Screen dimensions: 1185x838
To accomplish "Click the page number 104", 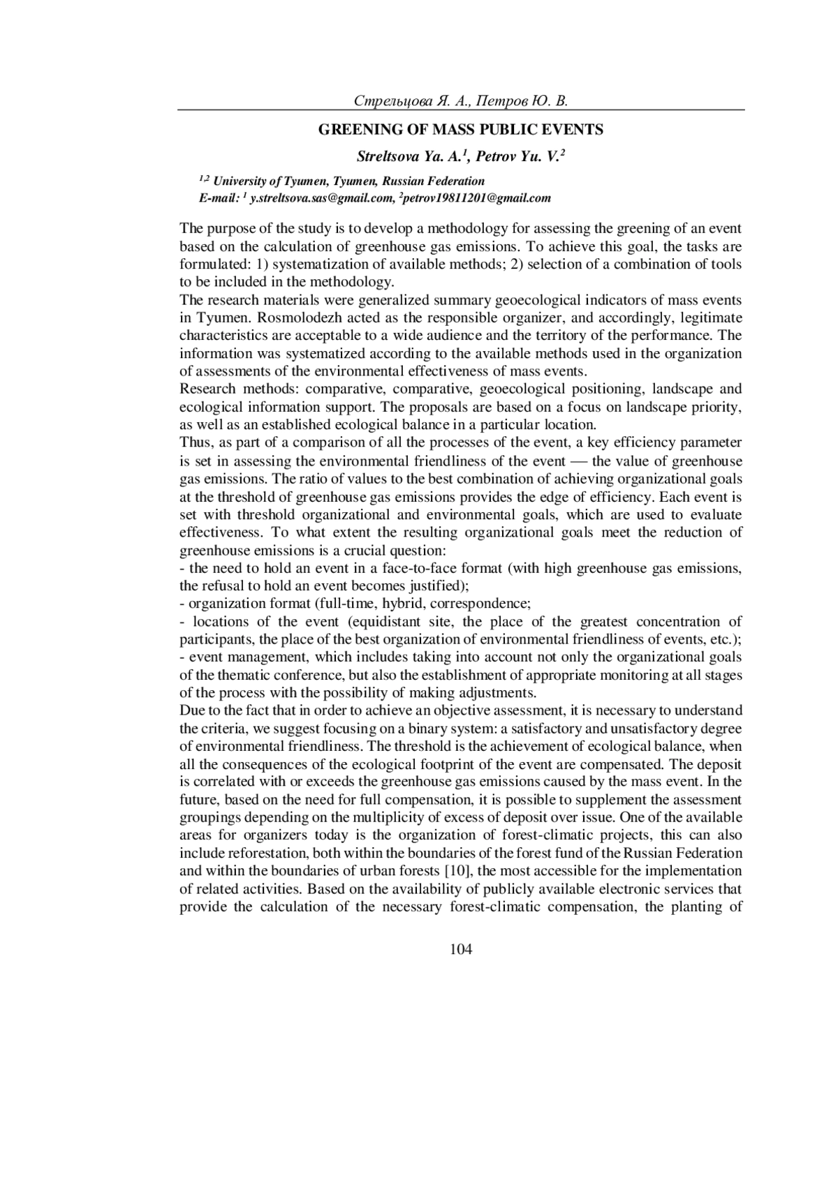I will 461,949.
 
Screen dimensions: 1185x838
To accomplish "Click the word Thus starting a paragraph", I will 193,442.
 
